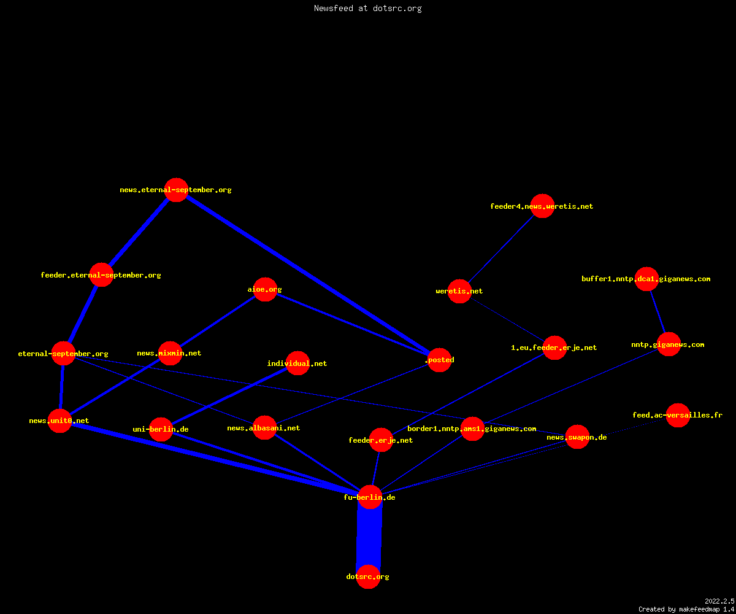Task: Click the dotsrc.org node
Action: click(368, 577)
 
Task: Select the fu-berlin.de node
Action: click(370, 497)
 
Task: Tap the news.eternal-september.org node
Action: click(176, 190)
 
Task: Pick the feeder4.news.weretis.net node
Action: click(542, 206)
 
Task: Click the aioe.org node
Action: click(265, 289)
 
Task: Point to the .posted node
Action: click(439, 360)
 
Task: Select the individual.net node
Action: click(298, 363)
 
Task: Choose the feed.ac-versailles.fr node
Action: click(678, 415)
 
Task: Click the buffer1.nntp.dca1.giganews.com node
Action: click(646, 279)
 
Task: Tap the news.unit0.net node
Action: click(59, 421)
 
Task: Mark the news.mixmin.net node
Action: click(170, 353)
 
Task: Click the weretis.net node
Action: click(459, 291)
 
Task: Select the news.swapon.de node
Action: click(577, 437)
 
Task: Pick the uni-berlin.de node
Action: click(161, 429)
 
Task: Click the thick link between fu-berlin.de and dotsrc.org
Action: click(369, 537)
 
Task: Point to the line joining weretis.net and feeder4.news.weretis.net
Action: click(501, 249)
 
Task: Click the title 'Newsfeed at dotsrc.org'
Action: click(367, 8)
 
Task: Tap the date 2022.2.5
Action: click(719, 601)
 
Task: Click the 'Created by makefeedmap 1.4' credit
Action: click(686, 609)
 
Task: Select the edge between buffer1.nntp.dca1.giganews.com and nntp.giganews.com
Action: click(657, 311)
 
